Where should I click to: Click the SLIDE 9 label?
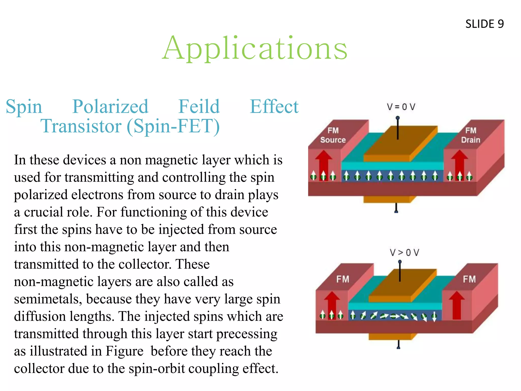coord(484,24)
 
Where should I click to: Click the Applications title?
coord(255,48)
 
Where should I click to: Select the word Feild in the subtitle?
coord(199,106)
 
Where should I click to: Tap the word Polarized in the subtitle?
coord(110,106)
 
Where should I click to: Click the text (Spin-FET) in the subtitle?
coord(173,126)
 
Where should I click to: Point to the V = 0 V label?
coord(401,107)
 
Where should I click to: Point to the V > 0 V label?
coord(404,253)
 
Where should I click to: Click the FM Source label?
coord(333,135)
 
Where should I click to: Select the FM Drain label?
coord(471,135)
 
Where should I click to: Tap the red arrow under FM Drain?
coord(459,163)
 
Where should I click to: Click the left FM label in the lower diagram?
coord(343,279)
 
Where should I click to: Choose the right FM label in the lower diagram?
coord(469,279)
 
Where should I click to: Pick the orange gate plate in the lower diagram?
coord(402,286)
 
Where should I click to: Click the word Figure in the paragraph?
coord(124,351)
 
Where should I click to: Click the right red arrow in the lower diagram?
coord(457,305)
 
